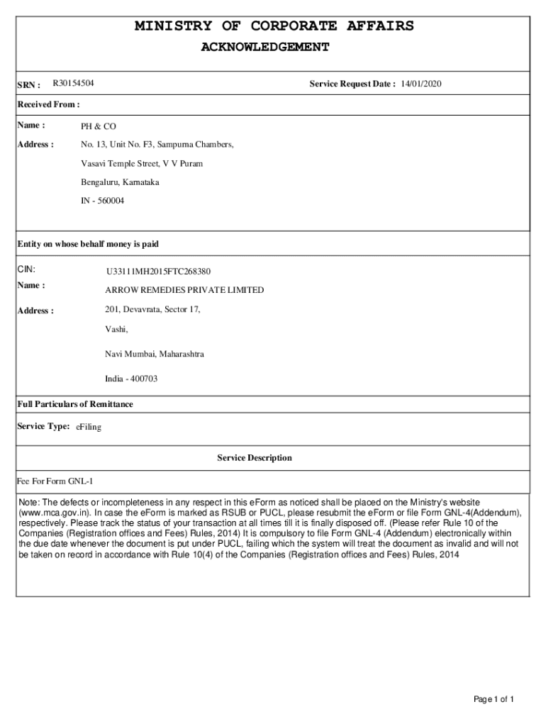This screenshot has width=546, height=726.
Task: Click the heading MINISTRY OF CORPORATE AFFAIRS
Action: pyautogui.click(x=274, y=26)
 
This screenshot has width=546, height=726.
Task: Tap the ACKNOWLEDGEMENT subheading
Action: pyautogui.click(x=264, y=48)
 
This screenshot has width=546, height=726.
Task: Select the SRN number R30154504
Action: pyautogui.click(x=74, y=84)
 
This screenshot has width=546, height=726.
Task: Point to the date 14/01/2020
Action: pyautogui.click(x=421, y=84)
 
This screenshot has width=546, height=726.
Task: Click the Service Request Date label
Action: pyautogui.click(x=352, y=84)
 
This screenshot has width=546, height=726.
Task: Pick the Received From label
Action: pyautogui.click(x=48, y=104)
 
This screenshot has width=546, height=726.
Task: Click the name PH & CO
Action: pyautogui.click(x=98, y=126)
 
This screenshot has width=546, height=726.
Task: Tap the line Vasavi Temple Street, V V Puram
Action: pyautogui.click(x=142, y=164)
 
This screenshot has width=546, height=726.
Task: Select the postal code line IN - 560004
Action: pyautogui.click(x=102, y=201)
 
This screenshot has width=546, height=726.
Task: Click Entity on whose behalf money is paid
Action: pyautogui.click(x=88, y=244)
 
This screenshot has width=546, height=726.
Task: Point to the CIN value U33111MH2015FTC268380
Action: pyautogui.click(x=158, y=272)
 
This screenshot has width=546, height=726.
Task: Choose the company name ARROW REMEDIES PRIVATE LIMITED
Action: pyautogui.click(x=184, y=290)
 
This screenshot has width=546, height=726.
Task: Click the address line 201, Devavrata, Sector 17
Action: pyautogui.click(x=152, y=310)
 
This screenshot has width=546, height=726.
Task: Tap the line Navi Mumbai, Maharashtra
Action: pyautogui.click(x=155, y=354)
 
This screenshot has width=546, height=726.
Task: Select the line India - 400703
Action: pyautogui.click(x=131, y=379)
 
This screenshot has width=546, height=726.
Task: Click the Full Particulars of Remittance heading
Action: pyautogui.click(x=75, y=404)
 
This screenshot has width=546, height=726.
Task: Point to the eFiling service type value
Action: pyautogui.click(x=89, y=427)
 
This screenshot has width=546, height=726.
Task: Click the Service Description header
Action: pyautogui.click(x=255, y=458)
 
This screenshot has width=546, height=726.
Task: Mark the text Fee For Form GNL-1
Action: pyautogui.click(x=55, y=482)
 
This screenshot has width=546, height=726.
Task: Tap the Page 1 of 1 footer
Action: pyautogui.click(x=494, y=700)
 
